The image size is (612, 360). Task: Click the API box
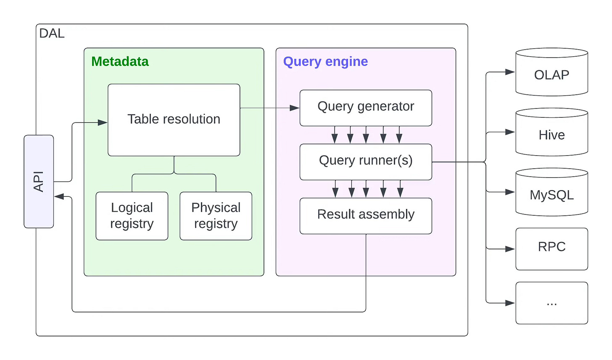[39, 182]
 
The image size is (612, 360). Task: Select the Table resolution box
[174, 120]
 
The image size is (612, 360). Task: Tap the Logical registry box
[132, 216]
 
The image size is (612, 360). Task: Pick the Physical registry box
[216, 216]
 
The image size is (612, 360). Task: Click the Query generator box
[366, 108]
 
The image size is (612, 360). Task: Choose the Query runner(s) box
[366, 162]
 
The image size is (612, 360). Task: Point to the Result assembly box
[366, 216]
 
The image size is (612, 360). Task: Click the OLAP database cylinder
[551, 72]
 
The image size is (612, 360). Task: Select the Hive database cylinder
[551, 132]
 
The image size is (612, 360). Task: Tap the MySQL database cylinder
[551, 192]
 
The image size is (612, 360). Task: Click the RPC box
[551, 249]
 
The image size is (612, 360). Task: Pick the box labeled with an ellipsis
[551, 303]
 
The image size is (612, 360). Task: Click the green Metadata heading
[120, 61]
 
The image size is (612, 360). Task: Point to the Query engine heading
[325, 62]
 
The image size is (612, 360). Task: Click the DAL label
[52, 33]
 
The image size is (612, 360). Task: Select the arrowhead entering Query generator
[295, 108]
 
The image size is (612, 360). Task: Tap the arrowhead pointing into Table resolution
[103, 122]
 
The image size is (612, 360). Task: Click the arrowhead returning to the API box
[59, 196]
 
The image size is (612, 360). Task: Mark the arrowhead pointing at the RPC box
[510, 249]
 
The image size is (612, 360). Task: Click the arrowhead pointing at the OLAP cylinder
[510, 72]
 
